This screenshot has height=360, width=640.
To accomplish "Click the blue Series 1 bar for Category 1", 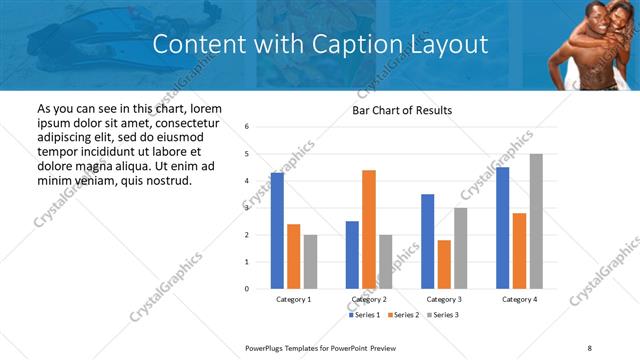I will [x=277, y=231].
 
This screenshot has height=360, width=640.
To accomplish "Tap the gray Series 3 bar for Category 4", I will [x=536, y=221].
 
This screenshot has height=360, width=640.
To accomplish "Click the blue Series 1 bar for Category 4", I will [x=502, y=228].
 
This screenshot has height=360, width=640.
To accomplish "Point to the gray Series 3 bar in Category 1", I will [x=311, y=262].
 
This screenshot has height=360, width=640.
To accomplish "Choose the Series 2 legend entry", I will [x=403, y=315].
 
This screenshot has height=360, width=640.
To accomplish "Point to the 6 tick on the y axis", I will [x=247, y=127].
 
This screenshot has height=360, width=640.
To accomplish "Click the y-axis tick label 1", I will [x=247, y=262].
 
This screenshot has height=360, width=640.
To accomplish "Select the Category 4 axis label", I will [x=519, y=299].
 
